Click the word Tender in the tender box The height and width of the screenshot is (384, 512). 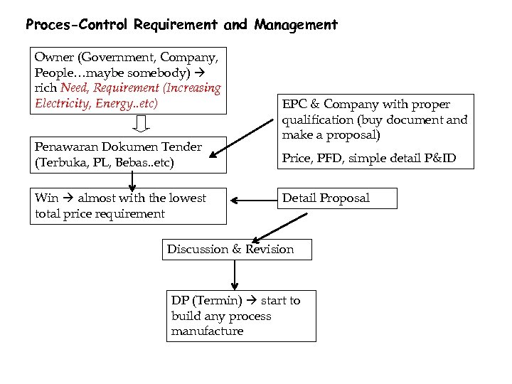click(182, 147)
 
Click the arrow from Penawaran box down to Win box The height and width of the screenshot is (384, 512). click(132, 181)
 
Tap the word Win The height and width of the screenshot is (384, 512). click(47, 198)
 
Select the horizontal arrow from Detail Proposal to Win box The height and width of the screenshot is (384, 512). click(252, 202)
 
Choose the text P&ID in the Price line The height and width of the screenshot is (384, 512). click(437, 159)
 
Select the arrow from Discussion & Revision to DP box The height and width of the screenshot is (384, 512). click(234, 274)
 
